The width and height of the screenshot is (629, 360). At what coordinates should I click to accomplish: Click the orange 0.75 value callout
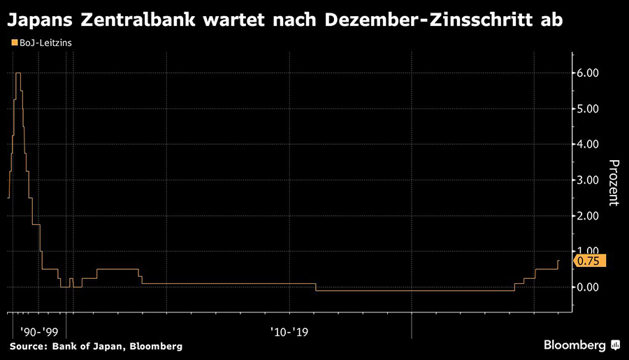(591, 261)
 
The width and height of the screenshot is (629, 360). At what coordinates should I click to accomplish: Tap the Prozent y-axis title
(614, 183)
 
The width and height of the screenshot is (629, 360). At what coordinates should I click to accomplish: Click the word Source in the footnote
(27, 346)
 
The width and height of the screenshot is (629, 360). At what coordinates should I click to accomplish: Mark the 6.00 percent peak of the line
(17, 73)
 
